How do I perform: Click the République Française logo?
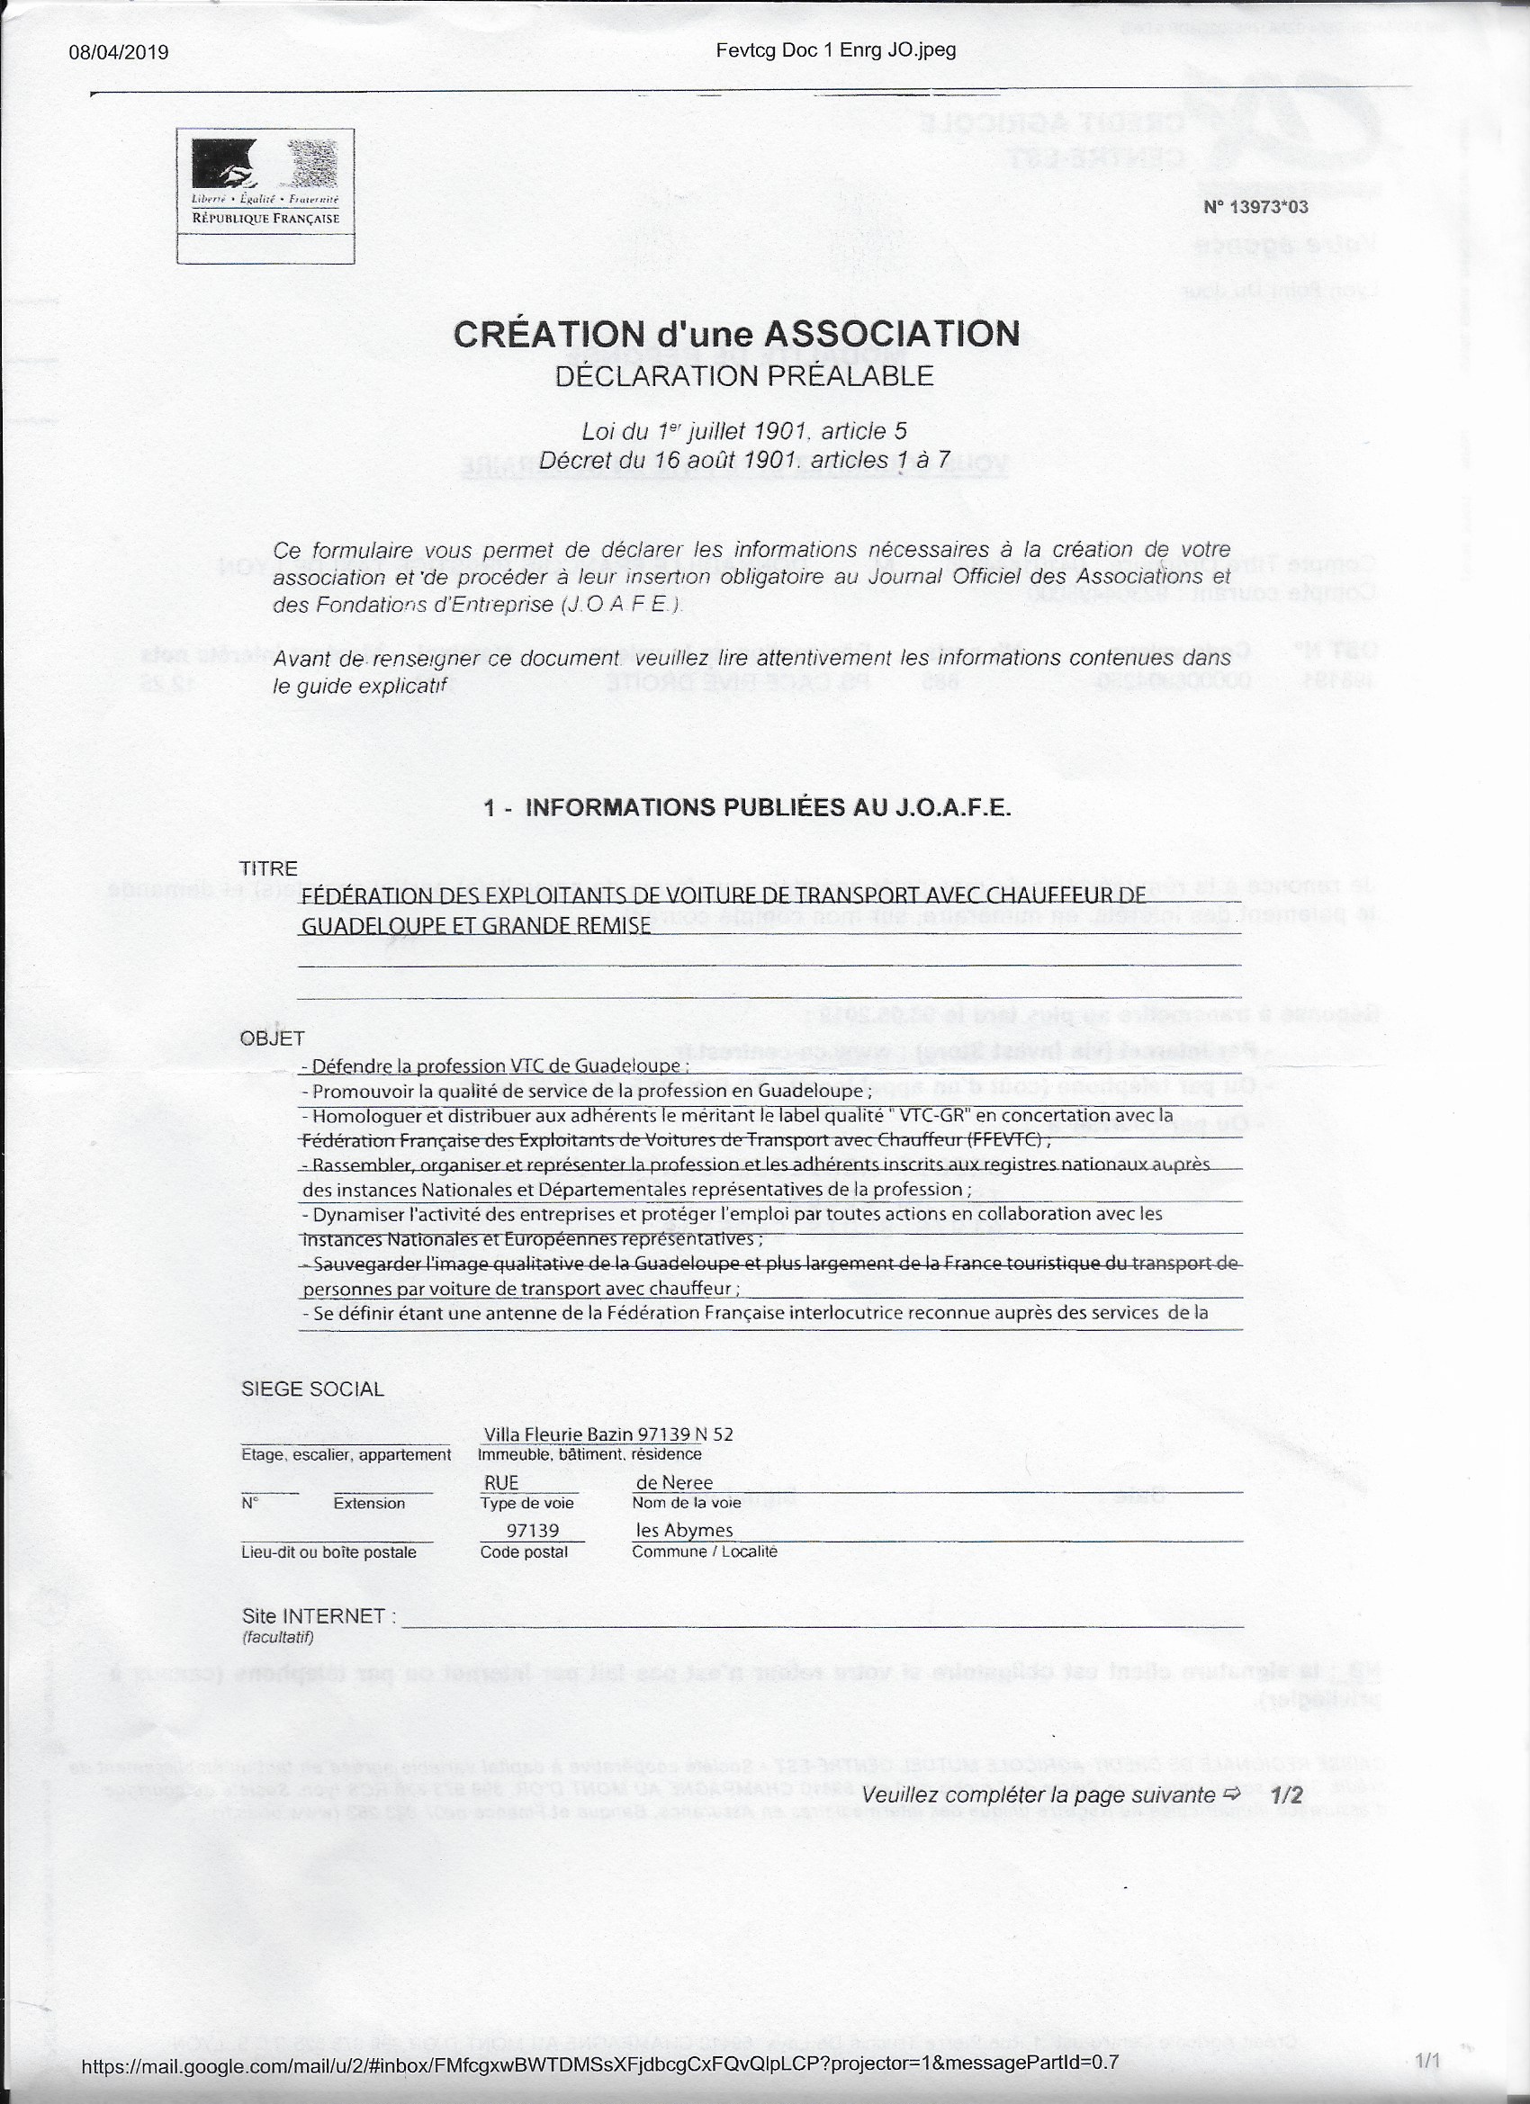(x=265, y=183)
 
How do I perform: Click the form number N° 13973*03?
(x=1255, y=207)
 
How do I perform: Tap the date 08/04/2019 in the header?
(x=119, y=52)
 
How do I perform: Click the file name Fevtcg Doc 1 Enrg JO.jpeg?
(x=835, y=50)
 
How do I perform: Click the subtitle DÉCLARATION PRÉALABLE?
(x=743, y=376)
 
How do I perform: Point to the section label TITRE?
(x=268, y=869)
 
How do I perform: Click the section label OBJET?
(x=272, y=1040)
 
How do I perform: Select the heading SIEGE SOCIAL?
(x=311, y=1389)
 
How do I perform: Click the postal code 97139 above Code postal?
(x=533, y=1530)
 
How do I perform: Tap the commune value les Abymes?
(x=684, y=1530)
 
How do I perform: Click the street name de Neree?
(x=674, y=1482)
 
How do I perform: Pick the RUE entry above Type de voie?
(x=501, y=1482)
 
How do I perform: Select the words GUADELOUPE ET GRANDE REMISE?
(x=476, y=925)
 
